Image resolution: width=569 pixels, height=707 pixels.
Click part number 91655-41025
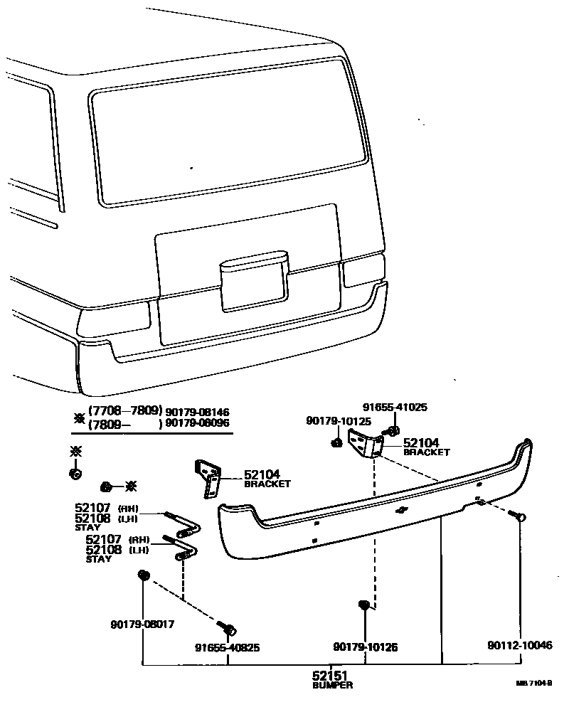click(x=395, y=408)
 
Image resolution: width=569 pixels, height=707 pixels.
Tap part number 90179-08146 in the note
click(x=198, y=412)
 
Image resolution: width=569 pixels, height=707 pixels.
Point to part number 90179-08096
click(x=198, y=423)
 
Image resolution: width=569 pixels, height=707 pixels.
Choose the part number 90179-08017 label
click(x=142, y=624)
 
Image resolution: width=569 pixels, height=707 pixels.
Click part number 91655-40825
click(x=228, y=648)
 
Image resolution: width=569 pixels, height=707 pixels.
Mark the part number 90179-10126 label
click(x=365, y=647)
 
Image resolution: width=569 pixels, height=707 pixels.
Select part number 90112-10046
click(x=519, y=646)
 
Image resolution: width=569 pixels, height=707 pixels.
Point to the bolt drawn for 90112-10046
click(x=520, y=517)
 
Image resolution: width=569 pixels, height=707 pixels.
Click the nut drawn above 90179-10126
click(x=365, y=606)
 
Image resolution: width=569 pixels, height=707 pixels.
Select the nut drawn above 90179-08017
click(x=144, y=575)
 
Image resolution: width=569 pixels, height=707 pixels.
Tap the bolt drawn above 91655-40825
click(x=229, y=629)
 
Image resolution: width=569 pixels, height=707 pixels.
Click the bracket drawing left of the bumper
click(x=208, y=478)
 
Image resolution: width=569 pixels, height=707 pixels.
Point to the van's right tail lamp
click(x=363, y=271)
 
